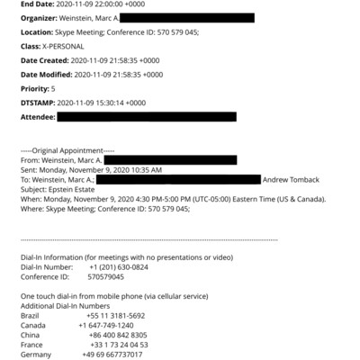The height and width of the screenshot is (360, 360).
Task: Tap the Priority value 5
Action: (52, 89)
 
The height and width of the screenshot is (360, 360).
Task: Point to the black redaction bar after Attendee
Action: (146, 117)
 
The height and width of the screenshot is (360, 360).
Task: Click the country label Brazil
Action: (31, 316)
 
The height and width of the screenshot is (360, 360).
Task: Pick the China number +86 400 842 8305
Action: (117, 335)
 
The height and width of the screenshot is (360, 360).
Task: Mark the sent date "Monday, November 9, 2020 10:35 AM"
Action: (99, 169)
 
